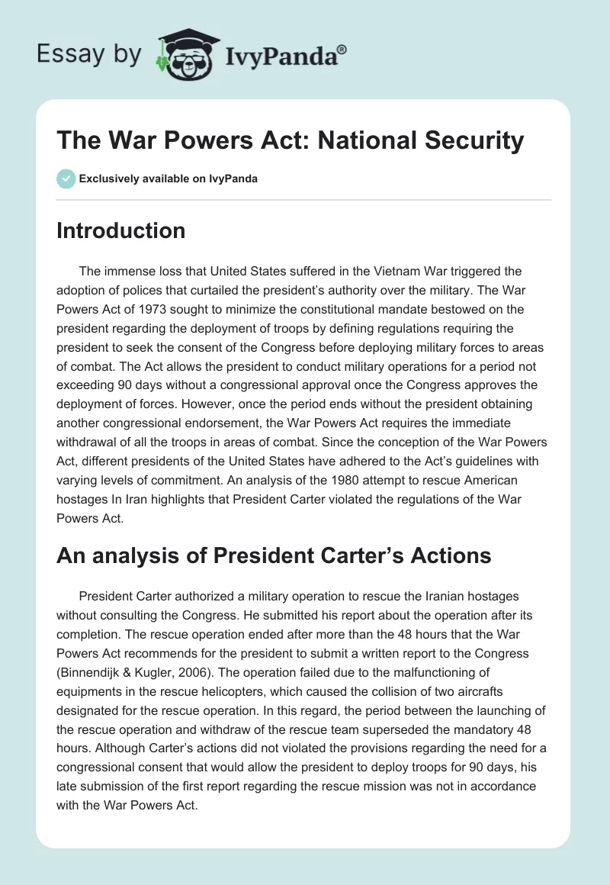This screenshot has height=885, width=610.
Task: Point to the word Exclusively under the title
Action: click(x=108, y=179)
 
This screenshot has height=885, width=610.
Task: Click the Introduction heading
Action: click(x=120, y=230)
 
